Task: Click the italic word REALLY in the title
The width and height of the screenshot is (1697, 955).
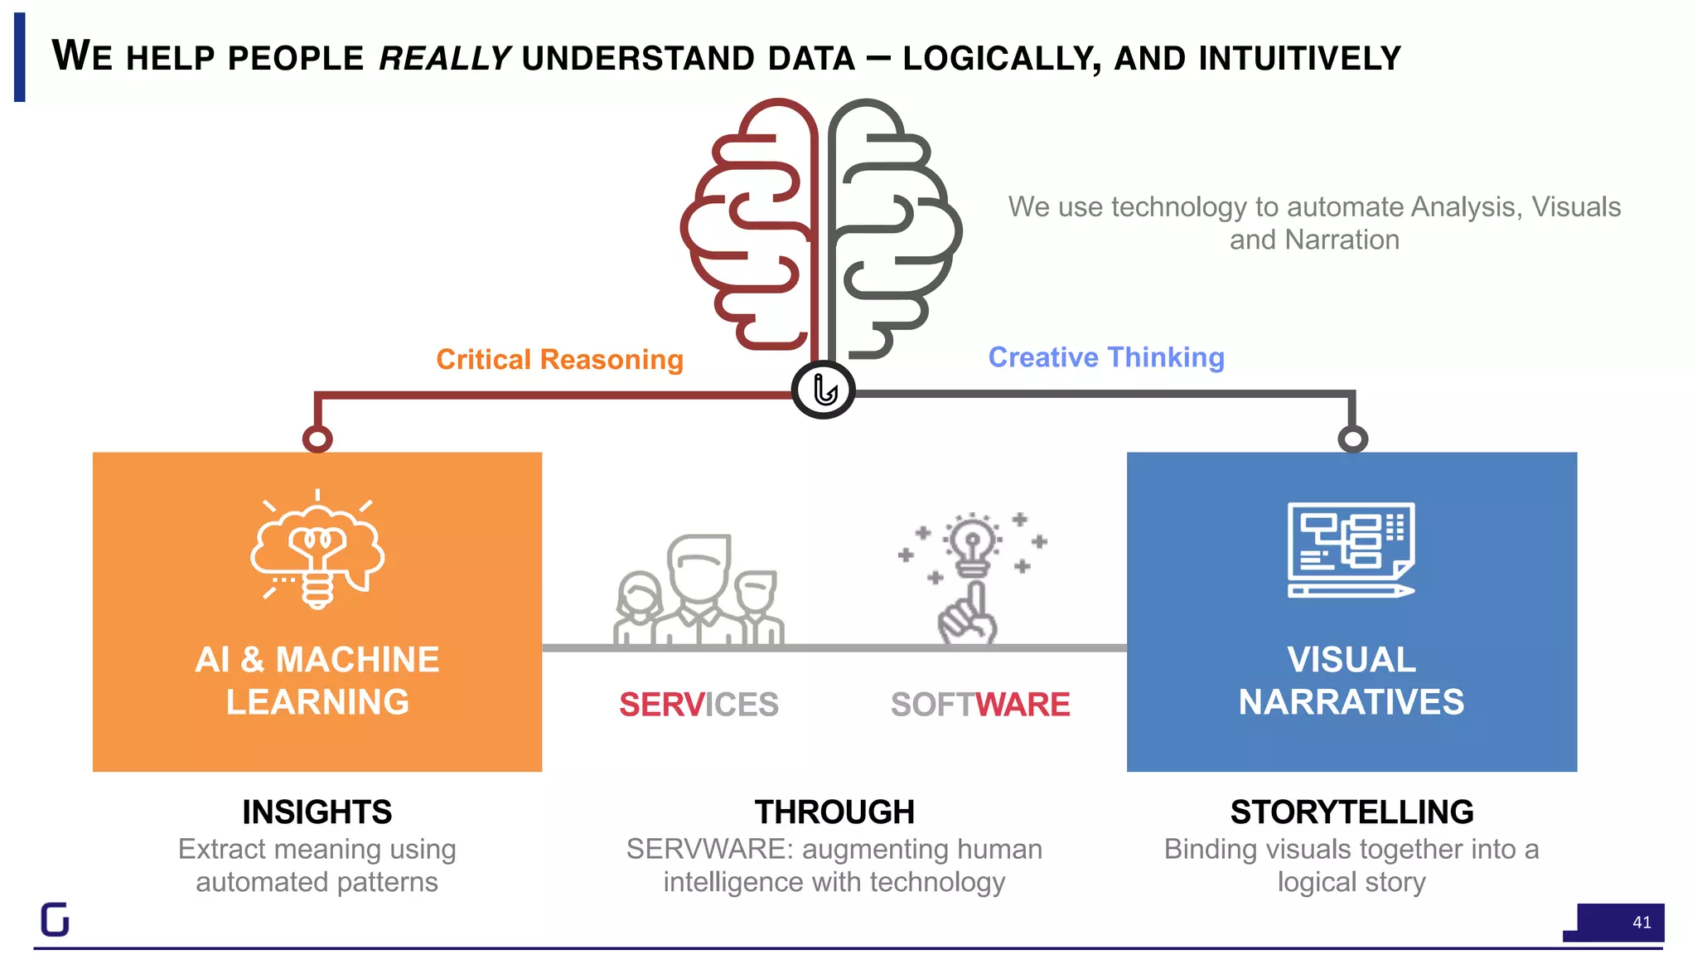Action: click(x=445, y=58)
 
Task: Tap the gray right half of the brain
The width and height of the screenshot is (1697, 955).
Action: click(x=895, y=224)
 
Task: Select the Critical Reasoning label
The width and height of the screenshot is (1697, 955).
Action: click(x=559, y=360)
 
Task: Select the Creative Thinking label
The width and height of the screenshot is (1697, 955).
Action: click(x=1106, y=357)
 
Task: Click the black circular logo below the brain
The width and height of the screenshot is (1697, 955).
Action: click(x=823, y=390)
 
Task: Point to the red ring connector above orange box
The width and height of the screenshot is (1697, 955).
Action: click(x=317, y=439)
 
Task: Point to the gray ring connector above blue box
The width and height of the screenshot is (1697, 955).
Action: click(x=1352, y=439)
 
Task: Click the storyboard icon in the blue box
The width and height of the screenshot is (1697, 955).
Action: click(x=1351, y=550)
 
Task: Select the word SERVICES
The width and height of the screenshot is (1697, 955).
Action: click(x=699, y=705)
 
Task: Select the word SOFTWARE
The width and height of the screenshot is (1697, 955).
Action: click(x=980, y=705)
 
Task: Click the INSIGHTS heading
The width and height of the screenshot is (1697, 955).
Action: click(x=317, y=812)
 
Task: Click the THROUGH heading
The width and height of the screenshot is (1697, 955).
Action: click(x=834, y=812)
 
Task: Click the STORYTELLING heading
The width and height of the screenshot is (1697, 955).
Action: click(x=1351, y=812)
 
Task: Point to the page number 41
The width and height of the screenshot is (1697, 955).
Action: click(x=1641, y=922)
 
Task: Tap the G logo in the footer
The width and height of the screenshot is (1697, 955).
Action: click(x=56, y=919)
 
